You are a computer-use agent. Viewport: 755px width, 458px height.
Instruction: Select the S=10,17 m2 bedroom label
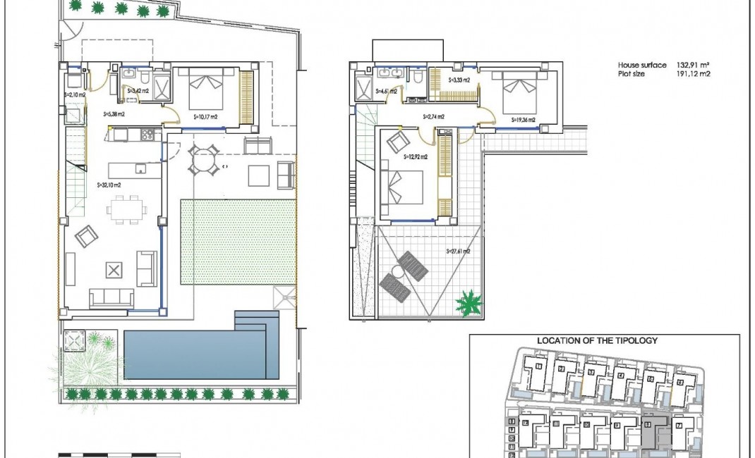[x=204, y=116]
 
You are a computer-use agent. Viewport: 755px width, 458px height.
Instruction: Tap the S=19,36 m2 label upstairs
[x=524, y=120]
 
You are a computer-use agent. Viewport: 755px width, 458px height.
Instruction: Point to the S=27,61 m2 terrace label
[x=458, y=251]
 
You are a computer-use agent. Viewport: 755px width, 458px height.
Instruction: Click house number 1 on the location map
[x=538, y=366]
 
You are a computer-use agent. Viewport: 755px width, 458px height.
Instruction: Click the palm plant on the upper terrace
[x=469, y=304]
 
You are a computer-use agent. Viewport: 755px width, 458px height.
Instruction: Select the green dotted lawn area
[x=238, y=242]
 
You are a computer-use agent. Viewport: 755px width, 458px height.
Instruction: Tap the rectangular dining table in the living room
[x=127, y=209]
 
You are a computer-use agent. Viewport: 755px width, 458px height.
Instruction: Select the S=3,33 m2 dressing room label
[x=459, y=81]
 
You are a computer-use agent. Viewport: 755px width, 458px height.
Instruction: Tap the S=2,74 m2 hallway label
[x=433, y=116]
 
